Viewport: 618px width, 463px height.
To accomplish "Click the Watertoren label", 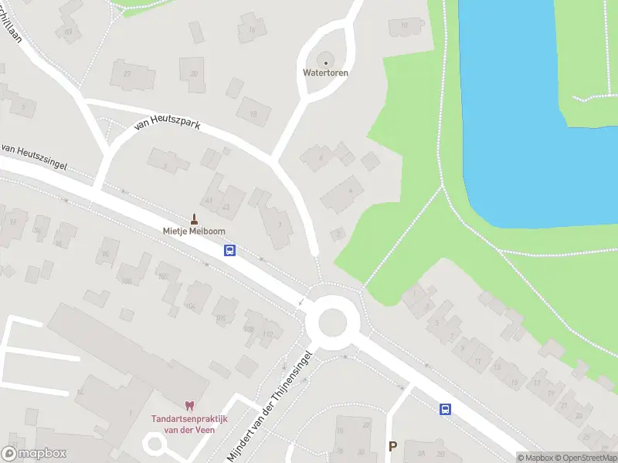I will tap(325, 73).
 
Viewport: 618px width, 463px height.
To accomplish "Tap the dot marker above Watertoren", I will tap(325, 63).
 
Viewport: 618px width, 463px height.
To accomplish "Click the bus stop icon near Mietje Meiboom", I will tap(229, 250).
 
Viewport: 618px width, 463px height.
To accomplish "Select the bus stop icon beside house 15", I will tap(445, 409).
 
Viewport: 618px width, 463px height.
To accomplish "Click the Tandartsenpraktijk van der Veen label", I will tap(183, 424).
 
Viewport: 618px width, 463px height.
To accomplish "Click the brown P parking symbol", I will tap(392, 446).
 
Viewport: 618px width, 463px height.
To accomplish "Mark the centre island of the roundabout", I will tap(331, 321).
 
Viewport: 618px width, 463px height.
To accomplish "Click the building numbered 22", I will tap(193, 74).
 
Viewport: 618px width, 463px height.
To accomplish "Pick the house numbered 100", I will tap(126, 280).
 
